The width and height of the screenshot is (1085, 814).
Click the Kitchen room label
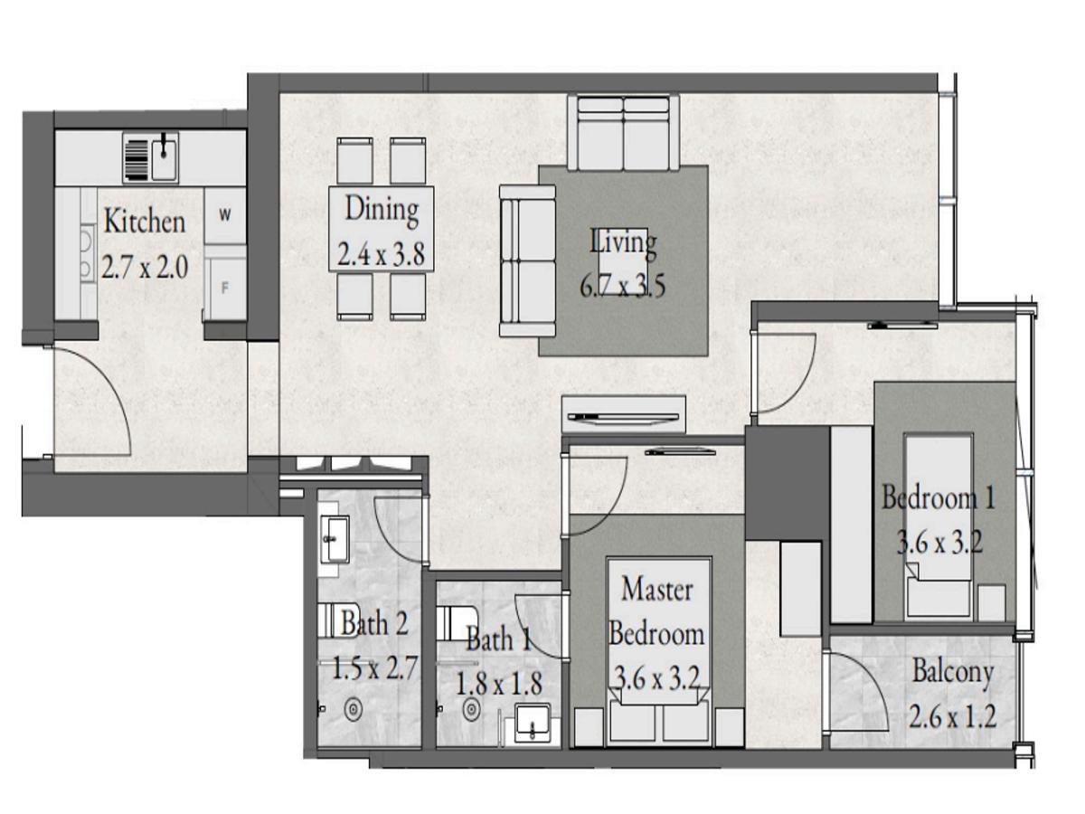(x=145, y=222)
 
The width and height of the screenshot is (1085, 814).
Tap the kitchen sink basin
(x=165, y=158)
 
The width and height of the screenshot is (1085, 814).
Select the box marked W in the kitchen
(x=225, y=215)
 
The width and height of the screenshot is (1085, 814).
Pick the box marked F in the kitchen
(x=226, y=289)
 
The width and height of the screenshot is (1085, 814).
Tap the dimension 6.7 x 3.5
(x=622, y=286)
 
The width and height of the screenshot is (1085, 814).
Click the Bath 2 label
(x=374, y=623)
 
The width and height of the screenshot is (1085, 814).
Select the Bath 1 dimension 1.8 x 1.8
(x=498, y=684)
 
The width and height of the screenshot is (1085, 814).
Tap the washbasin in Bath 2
(x=335, y=539)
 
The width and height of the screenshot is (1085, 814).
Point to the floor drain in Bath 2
(x=353, y=710)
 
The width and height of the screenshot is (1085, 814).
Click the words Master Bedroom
(x=656, y=611)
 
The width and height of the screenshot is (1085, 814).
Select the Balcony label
(x=952, y=672)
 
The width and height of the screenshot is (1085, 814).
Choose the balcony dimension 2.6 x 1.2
(x=952, y=716)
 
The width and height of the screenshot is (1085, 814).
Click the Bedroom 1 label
(x=939, y=497)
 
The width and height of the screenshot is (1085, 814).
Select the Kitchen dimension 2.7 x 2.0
(x=145, y=268)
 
